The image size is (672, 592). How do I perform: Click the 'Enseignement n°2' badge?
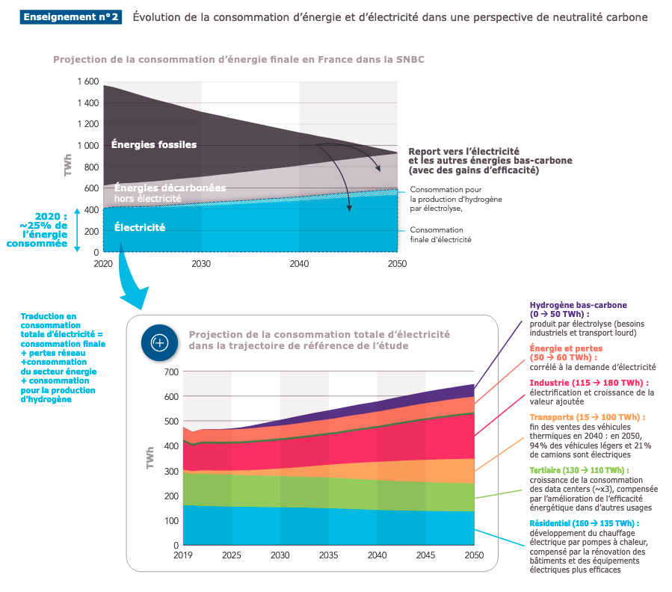click(x=72, y=16)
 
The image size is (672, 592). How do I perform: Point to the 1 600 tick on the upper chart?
click(x=87, y=81)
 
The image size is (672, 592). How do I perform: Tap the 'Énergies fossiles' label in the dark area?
click(x=154, y=144)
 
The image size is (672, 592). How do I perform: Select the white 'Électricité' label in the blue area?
click(x=140, y=227)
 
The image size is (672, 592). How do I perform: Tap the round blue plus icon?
click(x=159, y=342)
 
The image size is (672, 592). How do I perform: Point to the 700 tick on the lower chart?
click(x=170, y=371)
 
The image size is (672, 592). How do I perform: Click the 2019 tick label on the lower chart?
click(x=184, y=555)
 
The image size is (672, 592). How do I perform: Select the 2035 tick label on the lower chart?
click(x=329, y=555)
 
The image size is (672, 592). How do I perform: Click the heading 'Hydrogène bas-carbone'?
click(x=579, y=306)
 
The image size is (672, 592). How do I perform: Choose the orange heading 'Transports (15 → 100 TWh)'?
click(x=587, y=417)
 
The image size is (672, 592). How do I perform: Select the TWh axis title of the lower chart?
click(x=150, y=457)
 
